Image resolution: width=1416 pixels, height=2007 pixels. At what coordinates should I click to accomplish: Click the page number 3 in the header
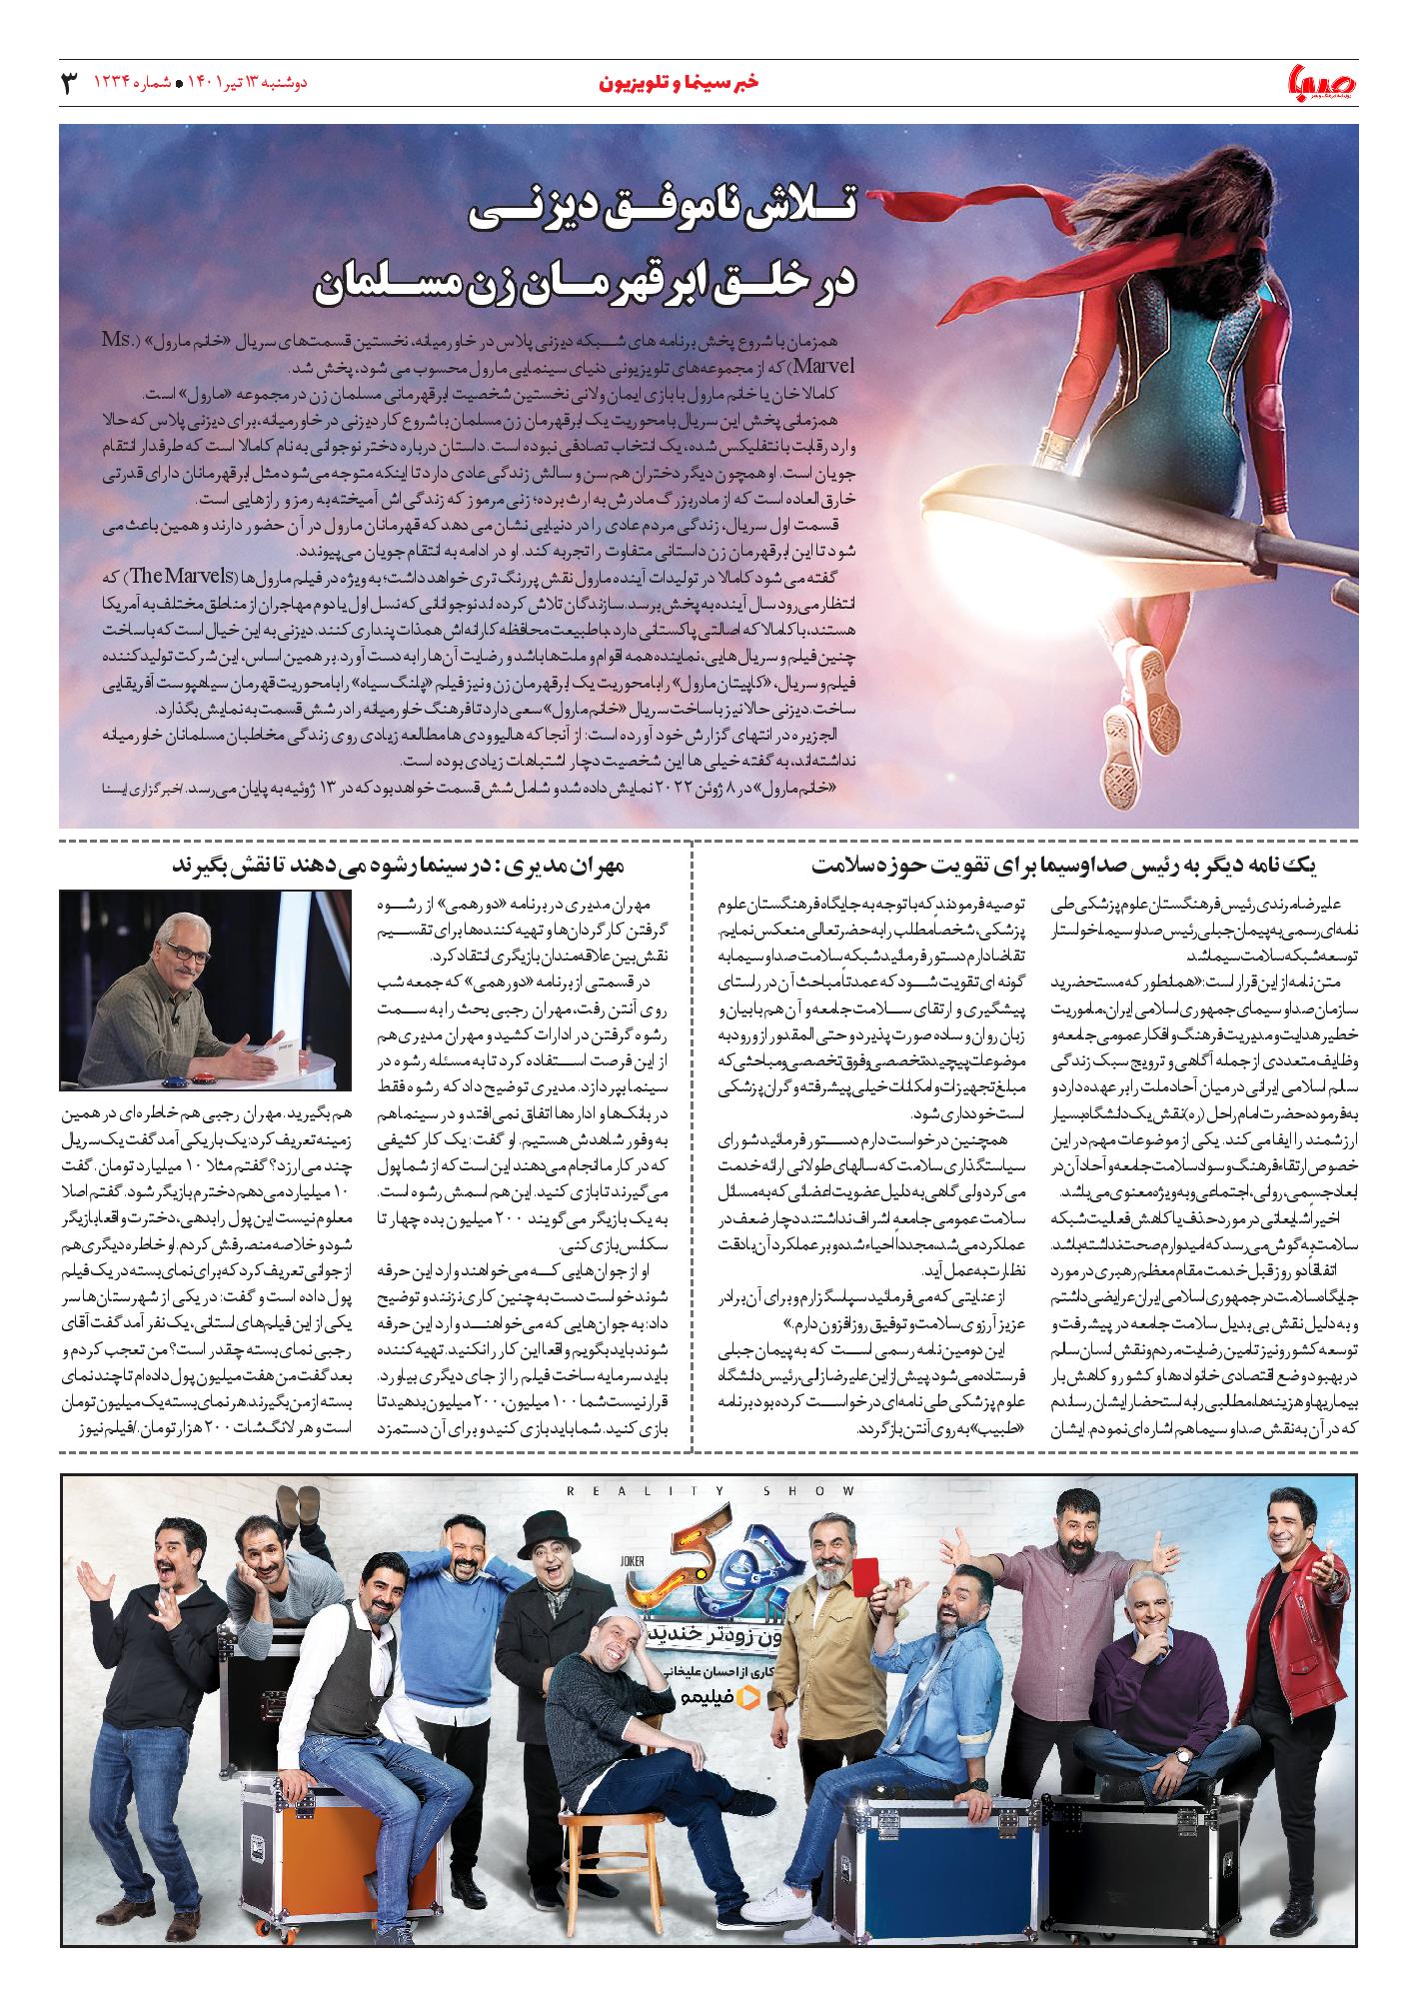tap(69, 83)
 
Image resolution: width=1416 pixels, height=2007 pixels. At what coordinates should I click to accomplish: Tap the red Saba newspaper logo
tap(1321, 85)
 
